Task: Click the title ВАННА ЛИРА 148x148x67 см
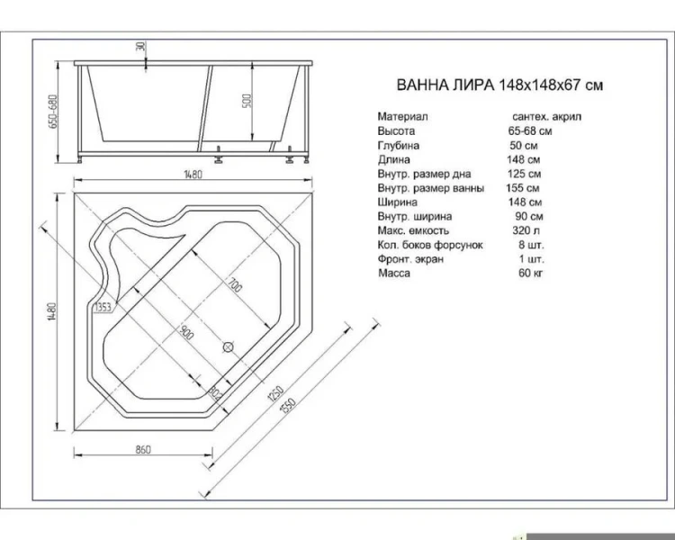click(x=499, y=86)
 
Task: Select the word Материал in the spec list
click(x=402, y=117)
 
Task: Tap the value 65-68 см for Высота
click(x=530, y=131)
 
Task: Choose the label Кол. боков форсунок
click(x=430, y=245)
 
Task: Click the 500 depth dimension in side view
click(x=246, y=102)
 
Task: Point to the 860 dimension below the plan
click(x=142, y=450)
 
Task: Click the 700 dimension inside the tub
click(x=236, y=289)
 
